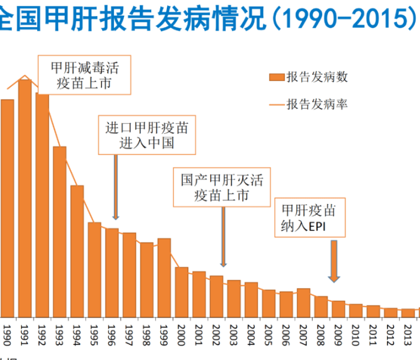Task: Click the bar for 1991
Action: [x=25, y=198]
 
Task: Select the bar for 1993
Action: [x=59, y=232]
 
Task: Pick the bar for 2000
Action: [x=181, y=292]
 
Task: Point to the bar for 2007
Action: [x=304, y=302]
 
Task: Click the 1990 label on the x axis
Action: [x=7, y=332]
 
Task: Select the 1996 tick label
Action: [x=112, y=332]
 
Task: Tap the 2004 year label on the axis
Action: [x=251, y=332]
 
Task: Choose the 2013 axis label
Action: [x=408, y=332]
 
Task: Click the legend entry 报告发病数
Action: [x=309, y=77]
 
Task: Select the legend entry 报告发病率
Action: [x=309, y=104]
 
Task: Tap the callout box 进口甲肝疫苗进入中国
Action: [x=147, y=135]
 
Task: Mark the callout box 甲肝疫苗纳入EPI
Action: [x=308, y=218]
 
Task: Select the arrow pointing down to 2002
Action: [x=223, y=237]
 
